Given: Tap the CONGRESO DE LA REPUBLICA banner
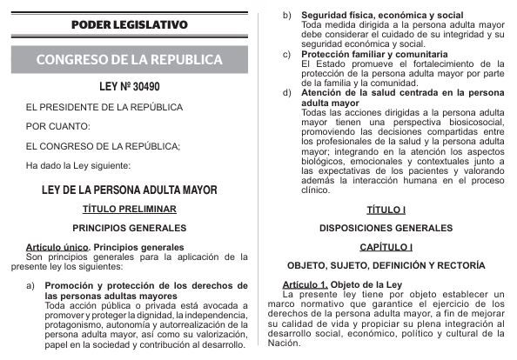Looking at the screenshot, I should click(x=129, y=60).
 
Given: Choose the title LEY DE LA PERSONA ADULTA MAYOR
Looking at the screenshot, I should click(x=129, y=189).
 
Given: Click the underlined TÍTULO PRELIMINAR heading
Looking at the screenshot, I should click(x=129, y=209).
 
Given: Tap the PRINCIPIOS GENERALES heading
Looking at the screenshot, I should click(x=129, y=228).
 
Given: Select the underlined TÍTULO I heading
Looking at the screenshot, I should click(x=387, y=210).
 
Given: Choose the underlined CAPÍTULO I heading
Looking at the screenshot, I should click(x=387, y=247).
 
